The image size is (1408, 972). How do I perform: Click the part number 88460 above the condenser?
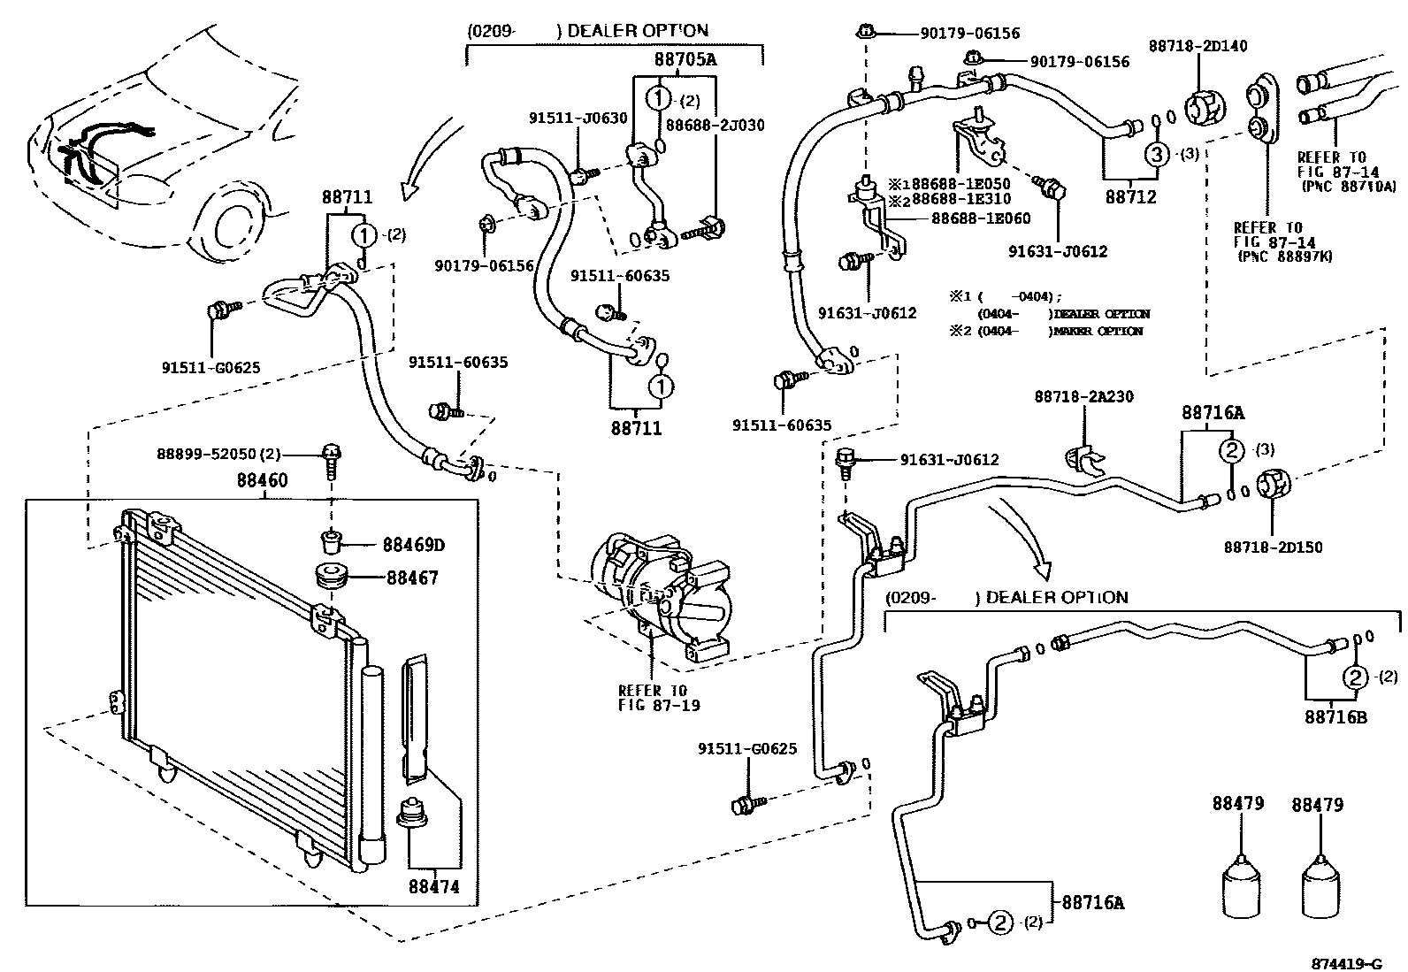(x=262, y=481)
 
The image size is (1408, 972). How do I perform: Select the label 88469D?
(x=413, y=545)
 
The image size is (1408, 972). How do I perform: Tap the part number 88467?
(x=411, y=578)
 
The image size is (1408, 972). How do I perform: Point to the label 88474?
(x=434, y=886)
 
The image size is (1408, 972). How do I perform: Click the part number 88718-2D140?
(x=1198, y=46)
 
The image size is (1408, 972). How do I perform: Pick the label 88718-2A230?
(x=1083, y=398)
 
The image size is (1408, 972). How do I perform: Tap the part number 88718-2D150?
(x=1273, y=547)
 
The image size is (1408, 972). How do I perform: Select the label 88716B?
(x=1335, y=716)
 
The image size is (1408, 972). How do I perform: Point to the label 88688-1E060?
(x=980, y=218)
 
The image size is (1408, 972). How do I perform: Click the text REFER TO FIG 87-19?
(x=653, y=697)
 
